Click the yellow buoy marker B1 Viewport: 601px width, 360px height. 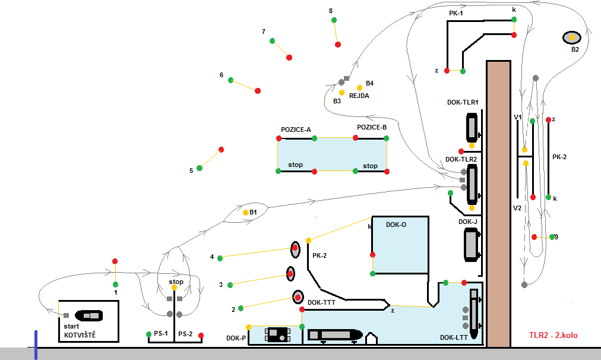[x=245, y=213]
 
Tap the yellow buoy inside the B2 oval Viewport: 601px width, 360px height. [x=572, y=37]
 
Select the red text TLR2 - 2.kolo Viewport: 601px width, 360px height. [x=553, y=335]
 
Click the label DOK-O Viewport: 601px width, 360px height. [x=396, y=225]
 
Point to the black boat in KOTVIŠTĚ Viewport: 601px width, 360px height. [x=89, y=315]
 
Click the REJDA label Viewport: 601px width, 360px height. [x=359, y=96]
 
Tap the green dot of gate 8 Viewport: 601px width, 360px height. [x=334, y=20]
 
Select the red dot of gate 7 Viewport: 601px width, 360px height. [x=289, y=58]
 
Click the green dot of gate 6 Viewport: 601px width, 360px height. [x=231, y=80]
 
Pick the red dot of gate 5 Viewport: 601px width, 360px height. [x=221, y=150]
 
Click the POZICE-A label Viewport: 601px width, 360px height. [x=296, y=130]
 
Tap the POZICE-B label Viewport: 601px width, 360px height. [x=372, y=127]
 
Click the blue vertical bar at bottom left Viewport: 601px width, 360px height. [x=36, y=345]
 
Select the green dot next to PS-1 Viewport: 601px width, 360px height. [x=148, y=334]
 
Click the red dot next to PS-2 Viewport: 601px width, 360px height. [x=201, y=336]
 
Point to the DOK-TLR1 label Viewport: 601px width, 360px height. [x=463, y=102]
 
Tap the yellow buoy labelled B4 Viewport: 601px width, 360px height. [x=359, y=88]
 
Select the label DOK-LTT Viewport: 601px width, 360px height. [x=454, y=338]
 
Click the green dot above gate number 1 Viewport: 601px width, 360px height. [x=115, y=285]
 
